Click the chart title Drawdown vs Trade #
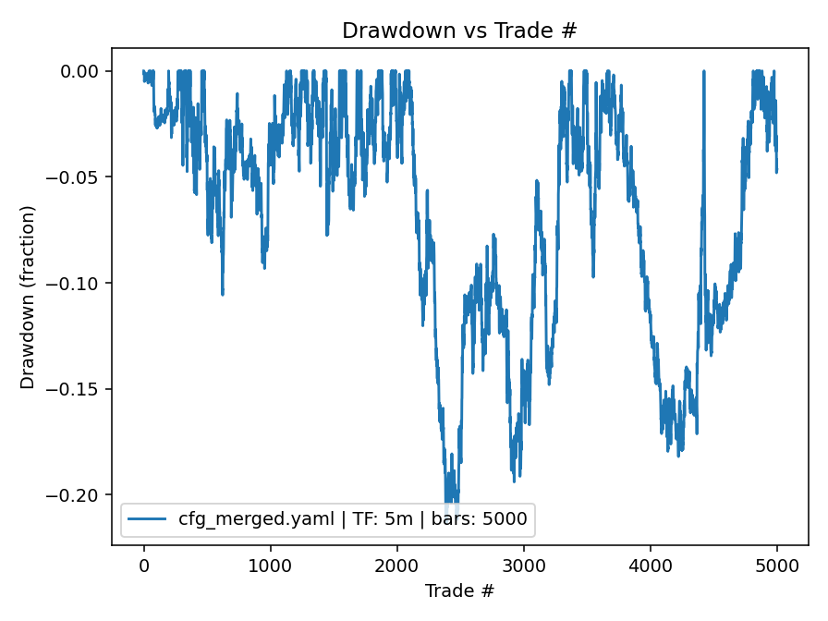click(x=459, y=30)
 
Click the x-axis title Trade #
click(x=459, y=590)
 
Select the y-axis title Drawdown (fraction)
click(x=28, y=297)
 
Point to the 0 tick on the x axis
click(x=143, y=566)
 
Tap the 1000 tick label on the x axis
click(x=270, y=566)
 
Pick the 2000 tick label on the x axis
click(x=396, y=566)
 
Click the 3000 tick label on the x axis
click(x=523, y=566)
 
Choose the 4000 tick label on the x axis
click(x=650, y=566)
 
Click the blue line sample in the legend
click(x=148, y=519)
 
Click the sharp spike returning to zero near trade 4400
click(x=703, y=72)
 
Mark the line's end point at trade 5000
click(x=776, y=171)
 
